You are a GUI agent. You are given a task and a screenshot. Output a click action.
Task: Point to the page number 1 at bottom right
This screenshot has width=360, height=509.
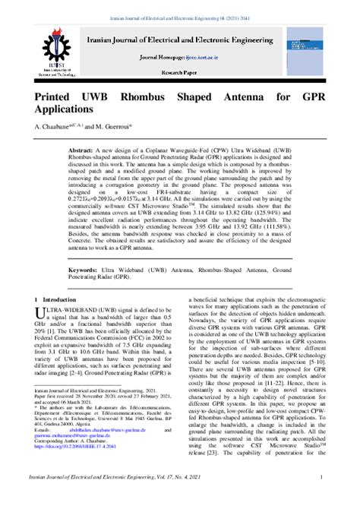[321, 498]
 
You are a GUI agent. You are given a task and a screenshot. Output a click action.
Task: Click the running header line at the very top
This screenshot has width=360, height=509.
[179, 5]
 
